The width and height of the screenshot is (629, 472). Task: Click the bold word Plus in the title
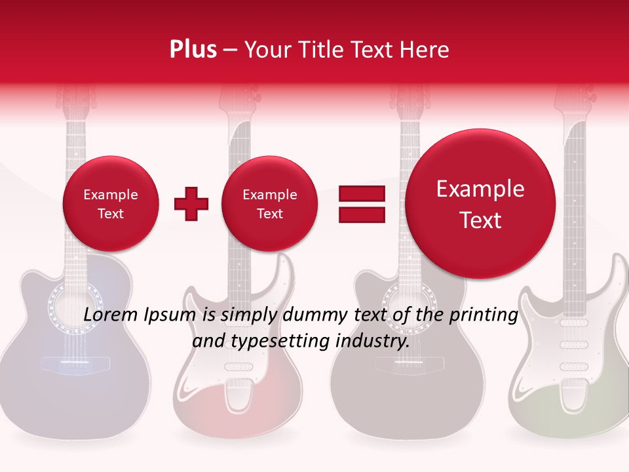click(193, 49)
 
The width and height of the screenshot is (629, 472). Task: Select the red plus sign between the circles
click(191, 204)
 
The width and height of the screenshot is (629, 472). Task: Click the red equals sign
click(361, 204)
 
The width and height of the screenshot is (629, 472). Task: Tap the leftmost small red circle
click(110, 204)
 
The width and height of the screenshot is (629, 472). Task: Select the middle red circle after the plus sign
click(269, 204)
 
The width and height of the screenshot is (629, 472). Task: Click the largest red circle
click(480, 204)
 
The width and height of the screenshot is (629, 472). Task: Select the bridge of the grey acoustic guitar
click(400, 364)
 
